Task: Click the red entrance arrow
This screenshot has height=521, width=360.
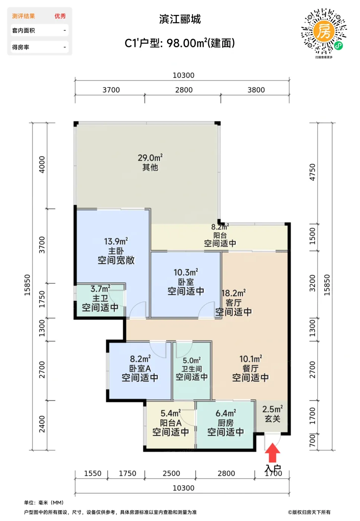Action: click(273, 453)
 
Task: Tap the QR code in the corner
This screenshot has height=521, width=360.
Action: click(324, 31)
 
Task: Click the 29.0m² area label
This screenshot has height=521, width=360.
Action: click(150, 158)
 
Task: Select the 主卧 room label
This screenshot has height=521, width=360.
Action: click(116, 251)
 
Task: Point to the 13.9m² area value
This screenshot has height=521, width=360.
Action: click(116, 241)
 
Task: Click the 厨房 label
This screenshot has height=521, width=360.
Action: click(226, 423)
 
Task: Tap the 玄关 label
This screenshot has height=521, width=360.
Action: click(273, 419)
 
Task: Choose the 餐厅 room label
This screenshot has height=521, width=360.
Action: click(251, 368)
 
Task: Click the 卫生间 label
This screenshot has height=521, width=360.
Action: click(191, 369)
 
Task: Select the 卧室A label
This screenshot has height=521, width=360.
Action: click(140, 368)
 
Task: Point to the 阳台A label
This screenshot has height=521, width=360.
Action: click(171, 423)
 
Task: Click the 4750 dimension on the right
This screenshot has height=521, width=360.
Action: click(312, 172)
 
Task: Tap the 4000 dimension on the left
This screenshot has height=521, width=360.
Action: click(42, 164)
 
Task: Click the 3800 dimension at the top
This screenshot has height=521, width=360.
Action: click(256, 90)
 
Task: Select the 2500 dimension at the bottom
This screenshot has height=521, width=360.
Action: click(171, 473)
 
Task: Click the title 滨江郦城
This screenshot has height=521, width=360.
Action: click(180, 19)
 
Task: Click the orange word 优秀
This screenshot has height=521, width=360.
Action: click(60, 16)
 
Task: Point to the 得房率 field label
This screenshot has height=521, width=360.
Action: click(21, 47)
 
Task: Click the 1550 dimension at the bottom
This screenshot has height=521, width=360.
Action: click(93, 473)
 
